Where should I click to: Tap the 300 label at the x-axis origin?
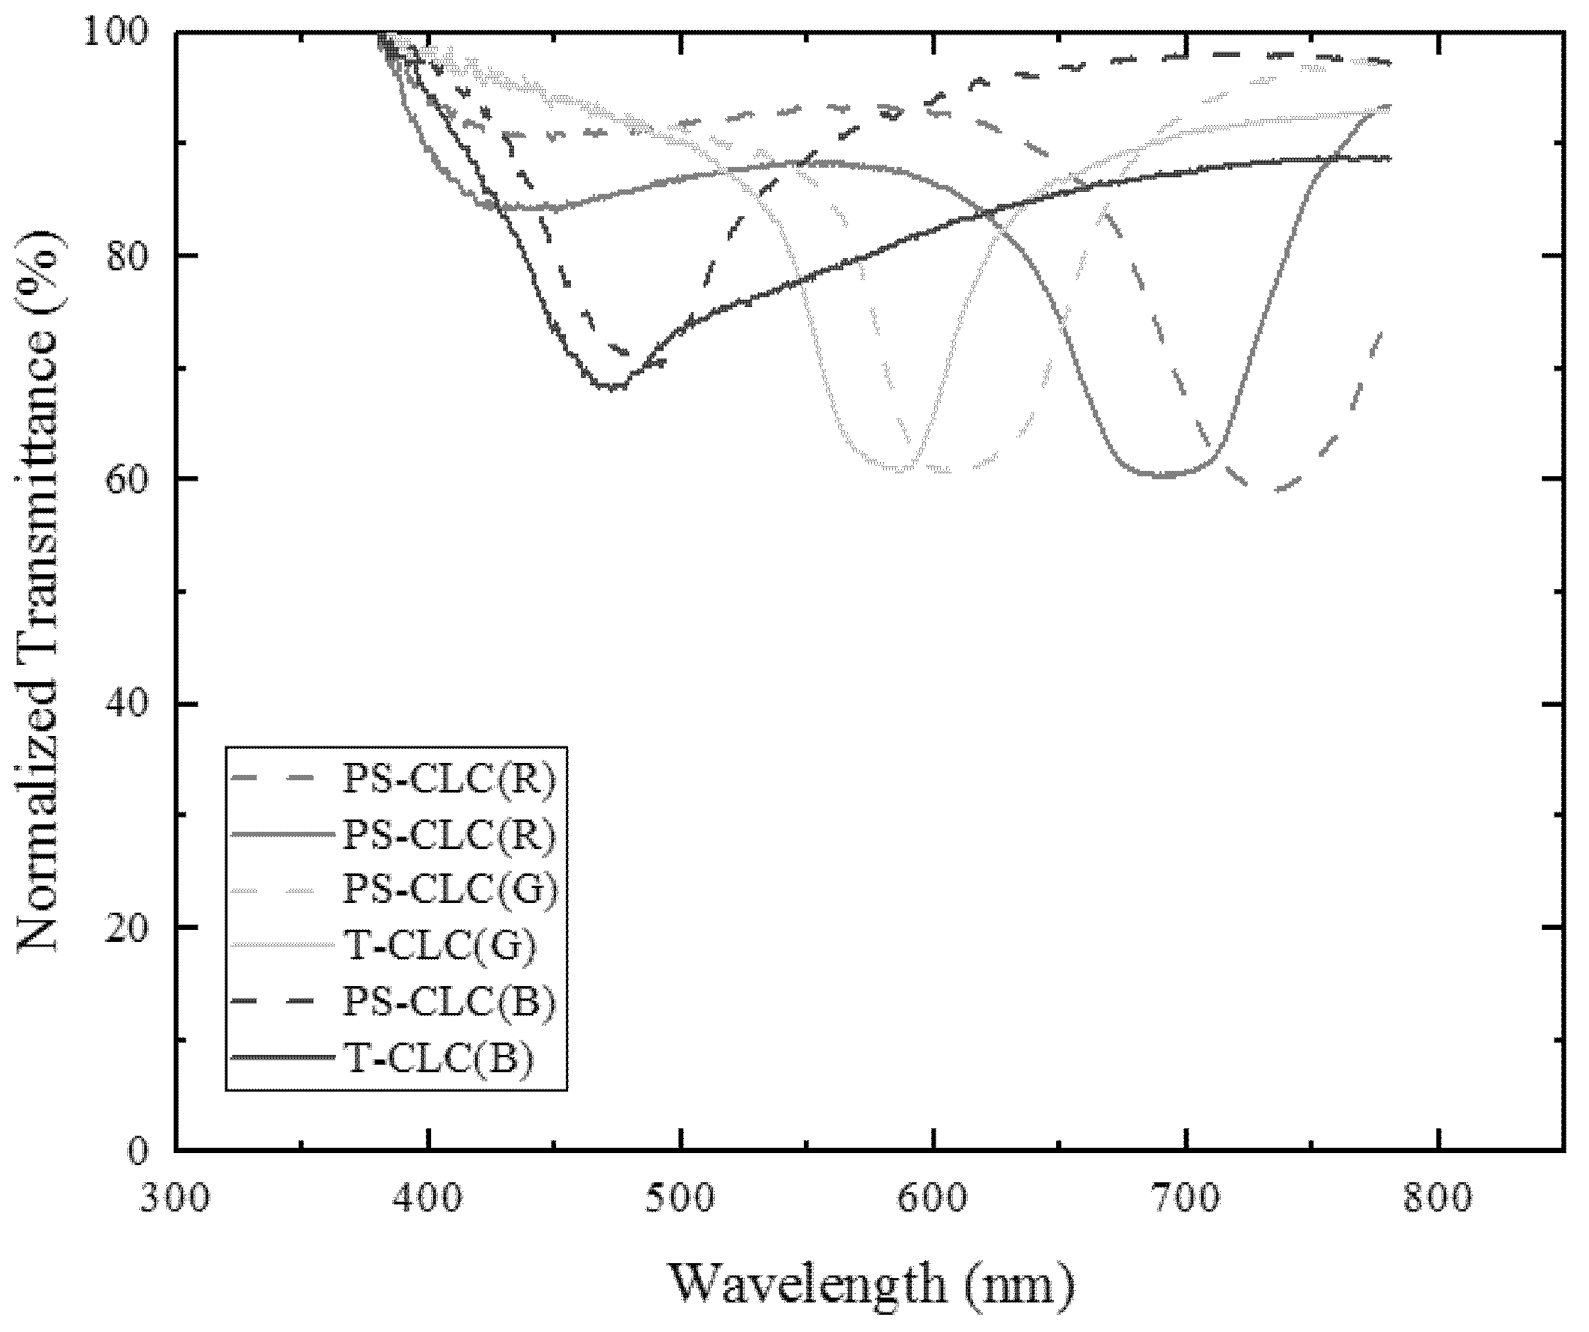coord(176,1198)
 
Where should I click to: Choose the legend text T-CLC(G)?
coord(440,946)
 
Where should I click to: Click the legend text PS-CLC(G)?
coord(450,889)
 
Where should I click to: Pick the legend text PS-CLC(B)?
coord(450,1002)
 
